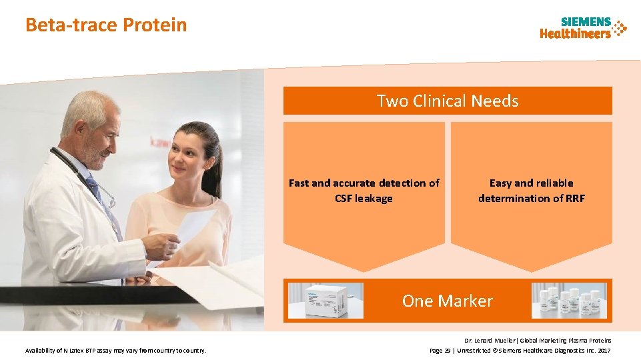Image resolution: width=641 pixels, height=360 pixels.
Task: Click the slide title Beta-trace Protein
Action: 106,25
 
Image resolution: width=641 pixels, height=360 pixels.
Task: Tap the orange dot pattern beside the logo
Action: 620,28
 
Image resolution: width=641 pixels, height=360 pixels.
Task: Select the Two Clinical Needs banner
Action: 447,101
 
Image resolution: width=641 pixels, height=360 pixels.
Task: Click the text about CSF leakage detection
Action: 364,191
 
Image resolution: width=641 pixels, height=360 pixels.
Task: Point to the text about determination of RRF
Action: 531,191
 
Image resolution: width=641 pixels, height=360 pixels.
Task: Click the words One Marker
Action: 447,301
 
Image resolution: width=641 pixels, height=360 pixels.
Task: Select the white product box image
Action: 326,300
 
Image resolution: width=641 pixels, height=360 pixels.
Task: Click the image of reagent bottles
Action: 569,301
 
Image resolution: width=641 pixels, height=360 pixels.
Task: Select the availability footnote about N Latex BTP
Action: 115,351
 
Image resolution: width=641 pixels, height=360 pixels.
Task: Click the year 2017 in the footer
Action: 604,351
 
